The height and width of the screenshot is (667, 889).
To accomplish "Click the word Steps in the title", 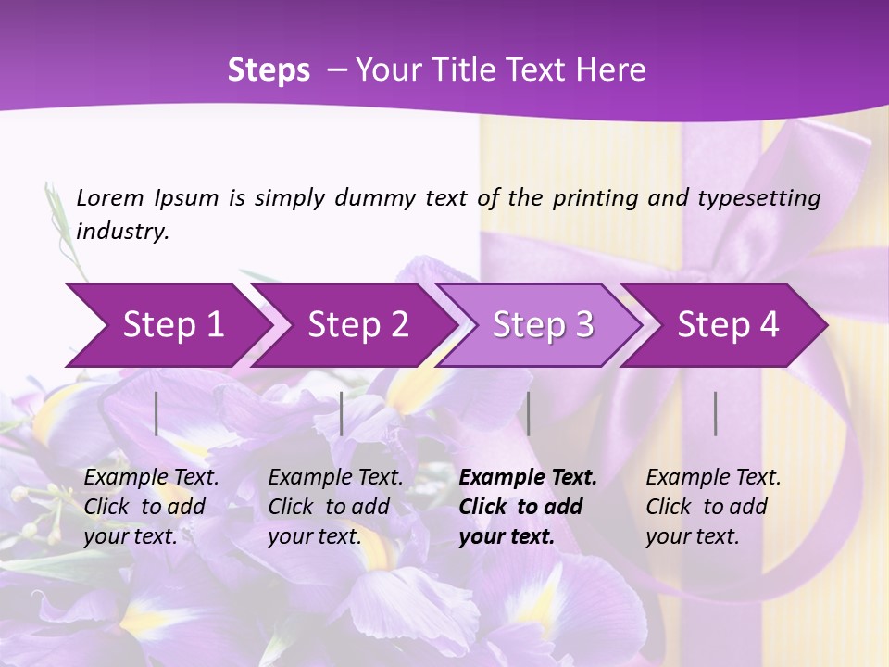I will (x=269, y=69).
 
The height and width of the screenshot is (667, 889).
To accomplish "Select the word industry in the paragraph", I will (x=122, y=231).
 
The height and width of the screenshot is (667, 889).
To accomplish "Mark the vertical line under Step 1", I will (x=157, y=413).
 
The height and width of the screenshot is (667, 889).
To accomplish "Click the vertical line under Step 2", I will (x=342, y=413).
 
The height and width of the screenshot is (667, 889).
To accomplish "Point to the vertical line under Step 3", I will (x=528, y=413).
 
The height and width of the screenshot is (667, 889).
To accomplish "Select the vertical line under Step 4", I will (x=715, y=413).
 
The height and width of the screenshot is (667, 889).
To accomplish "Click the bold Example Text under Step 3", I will (x=528, y=477).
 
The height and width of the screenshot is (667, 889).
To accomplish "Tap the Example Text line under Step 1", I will (x=152, y=477).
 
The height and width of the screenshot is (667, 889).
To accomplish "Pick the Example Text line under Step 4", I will (x=713, y=477).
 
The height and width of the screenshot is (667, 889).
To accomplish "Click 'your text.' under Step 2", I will (x=315, y=536).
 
